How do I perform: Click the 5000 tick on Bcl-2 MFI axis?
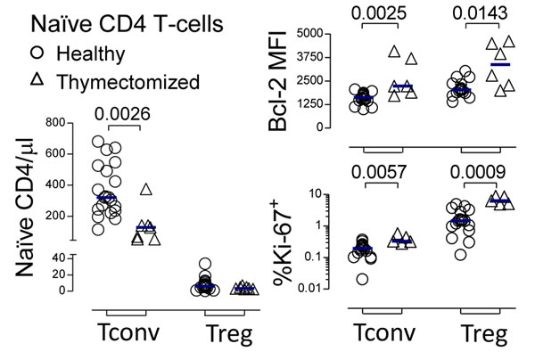pyautogui.click(x=307, y=34)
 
